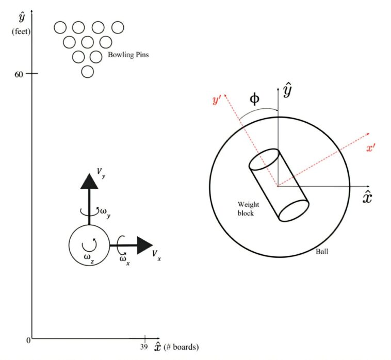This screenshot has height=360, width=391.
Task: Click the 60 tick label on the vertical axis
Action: (19, 74)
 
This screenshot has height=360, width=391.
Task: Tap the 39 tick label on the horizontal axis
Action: (144, 347)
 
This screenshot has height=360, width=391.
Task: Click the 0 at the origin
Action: (28, 340)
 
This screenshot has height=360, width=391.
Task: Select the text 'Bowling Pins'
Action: (128, 54)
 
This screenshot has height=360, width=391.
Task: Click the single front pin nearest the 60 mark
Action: (88, 72)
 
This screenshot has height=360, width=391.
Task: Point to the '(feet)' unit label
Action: (21, 32)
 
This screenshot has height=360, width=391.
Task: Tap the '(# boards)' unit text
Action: (181, 347)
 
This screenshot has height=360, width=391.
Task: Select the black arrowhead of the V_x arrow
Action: (145, 246)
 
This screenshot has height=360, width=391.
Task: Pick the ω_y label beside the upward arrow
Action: (104, 211)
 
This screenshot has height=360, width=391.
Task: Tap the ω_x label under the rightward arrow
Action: (124, 258)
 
